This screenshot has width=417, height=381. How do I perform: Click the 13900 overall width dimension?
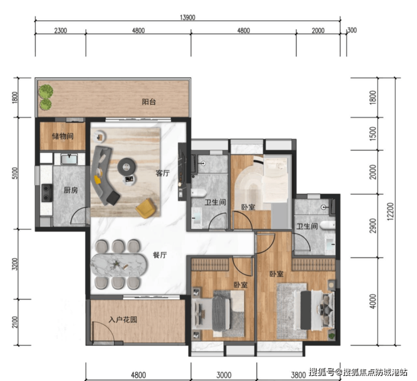[188, 17]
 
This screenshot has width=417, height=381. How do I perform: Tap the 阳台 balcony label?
[149, 102]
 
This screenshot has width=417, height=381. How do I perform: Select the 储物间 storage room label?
[63, 136]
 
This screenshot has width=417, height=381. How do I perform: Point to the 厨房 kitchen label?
[71, 190]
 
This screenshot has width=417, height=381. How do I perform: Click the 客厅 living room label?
[162, 173]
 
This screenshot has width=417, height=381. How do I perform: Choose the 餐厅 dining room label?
[160, 255]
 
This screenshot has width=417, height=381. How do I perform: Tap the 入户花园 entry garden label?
[123, 320]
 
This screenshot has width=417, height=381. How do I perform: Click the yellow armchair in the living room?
[146, 208]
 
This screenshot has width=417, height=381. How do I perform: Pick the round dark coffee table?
[127, 167]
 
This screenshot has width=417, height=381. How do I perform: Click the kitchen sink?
[69, 159]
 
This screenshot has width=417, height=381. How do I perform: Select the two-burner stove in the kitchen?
[47, 193]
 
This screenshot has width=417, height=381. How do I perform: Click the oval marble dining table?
[118, 265]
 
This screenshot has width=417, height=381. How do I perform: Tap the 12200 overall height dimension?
[390, 212]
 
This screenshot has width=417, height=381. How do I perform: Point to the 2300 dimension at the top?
[60, 30]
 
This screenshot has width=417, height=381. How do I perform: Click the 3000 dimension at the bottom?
[224, 375]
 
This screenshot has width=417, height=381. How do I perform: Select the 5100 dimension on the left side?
[15, 173]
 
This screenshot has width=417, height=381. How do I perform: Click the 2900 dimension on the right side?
[374, 226]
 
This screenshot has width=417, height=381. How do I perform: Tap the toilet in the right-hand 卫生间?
[327, 226]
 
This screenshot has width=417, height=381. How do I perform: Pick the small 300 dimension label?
[352, 30]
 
